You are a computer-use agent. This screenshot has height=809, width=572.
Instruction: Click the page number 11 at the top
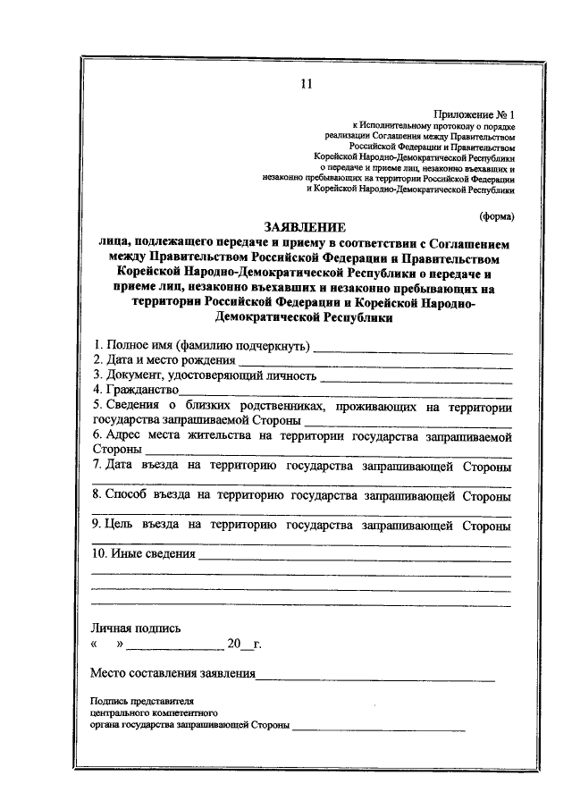[306, 86]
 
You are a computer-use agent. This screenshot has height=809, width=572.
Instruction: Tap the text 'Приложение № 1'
[475, 115]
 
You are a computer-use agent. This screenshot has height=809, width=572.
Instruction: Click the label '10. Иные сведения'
[144, 554]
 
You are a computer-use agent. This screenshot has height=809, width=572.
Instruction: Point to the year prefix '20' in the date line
[234, 645]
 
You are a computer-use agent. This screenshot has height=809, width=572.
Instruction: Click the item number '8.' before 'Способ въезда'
[97, 495]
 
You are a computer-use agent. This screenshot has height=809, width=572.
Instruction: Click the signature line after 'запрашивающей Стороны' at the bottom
[379, 730]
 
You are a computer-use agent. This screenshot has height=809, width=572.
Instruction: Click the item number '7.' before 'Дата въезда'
[97, 466]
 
